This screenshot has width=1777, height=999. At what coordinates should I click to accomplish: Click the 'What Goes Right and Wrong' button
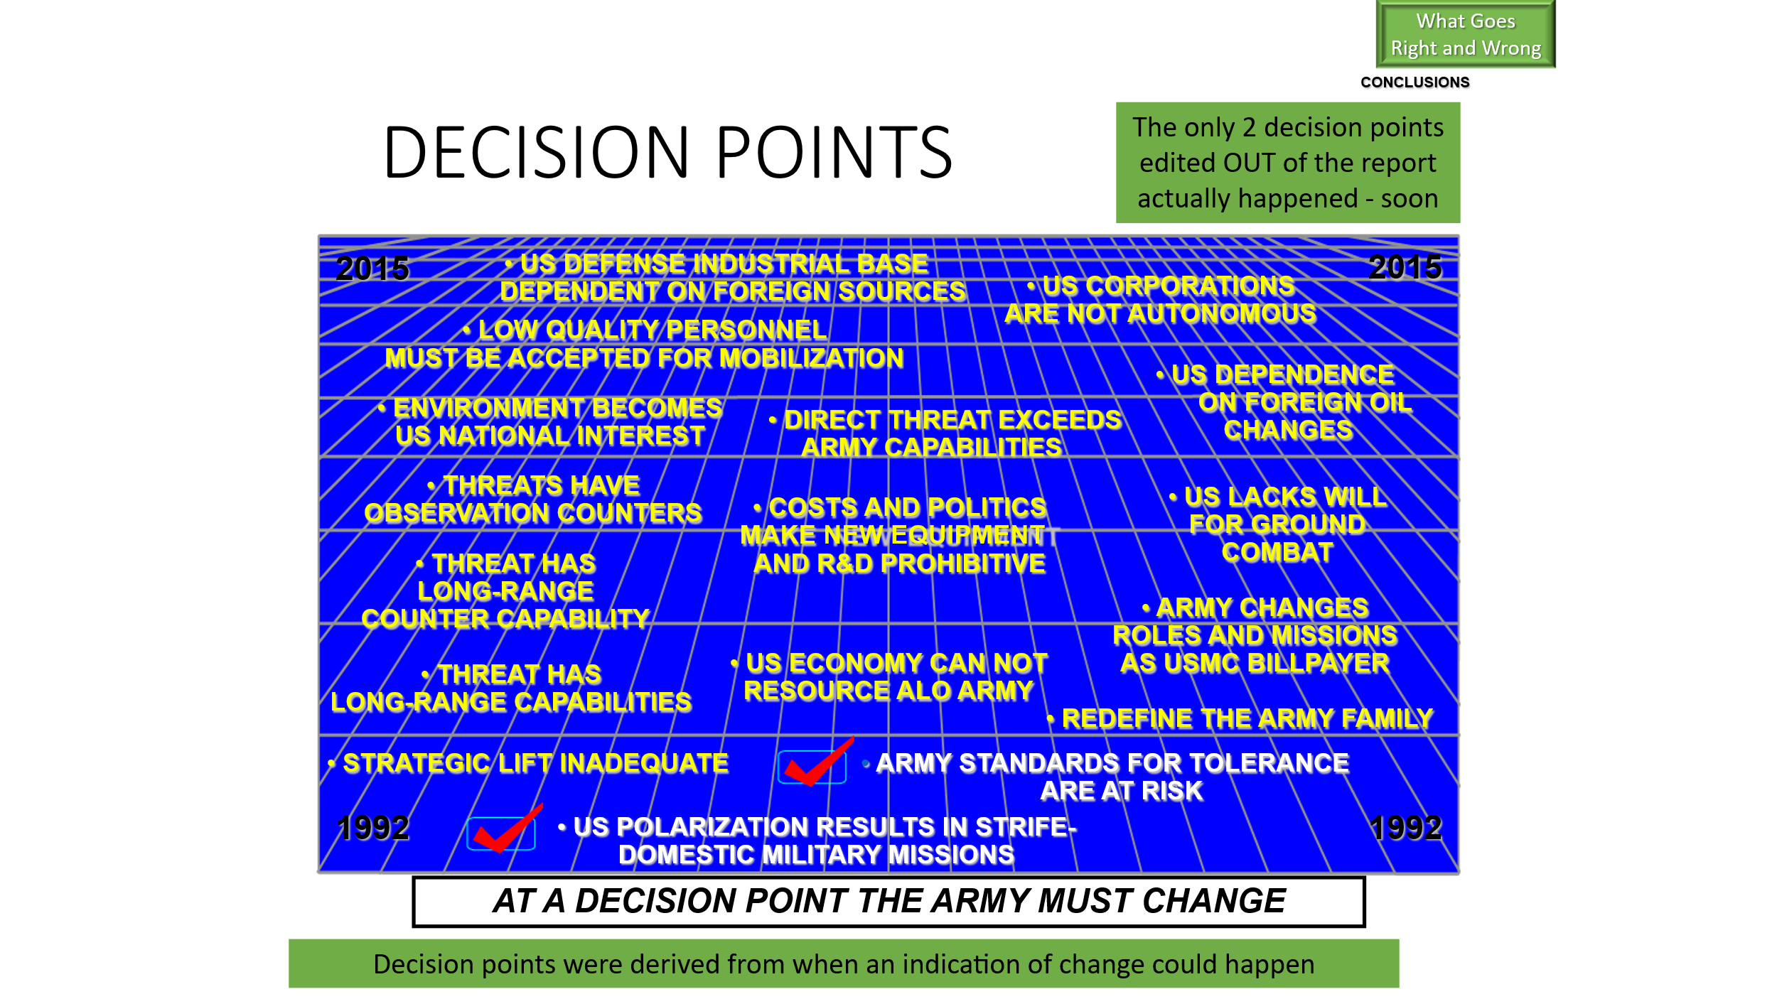pos(1466,34)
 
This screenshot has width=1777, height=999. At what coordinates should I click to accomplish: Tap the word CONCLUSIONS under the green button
pos(1415,82)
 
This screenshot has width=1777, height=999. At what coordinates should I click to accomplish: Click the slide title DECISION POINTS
pos(667,152)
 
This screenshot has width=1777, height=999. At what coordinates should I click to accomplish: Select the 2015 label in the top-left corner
pos(372,269)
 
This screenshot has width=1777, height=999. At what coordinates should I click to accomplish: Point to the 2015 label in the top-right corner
pos(1405,267)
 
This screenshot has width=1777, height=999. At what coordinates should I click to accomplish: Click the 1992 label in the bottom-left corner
pos(373,828)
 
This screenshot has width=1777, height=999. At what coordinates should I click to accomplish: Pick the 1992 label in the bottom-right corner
pos(1406,828)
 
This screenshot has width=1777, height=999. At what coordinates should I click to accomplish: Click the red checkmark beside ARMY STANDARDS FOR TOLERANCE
pos(817,762)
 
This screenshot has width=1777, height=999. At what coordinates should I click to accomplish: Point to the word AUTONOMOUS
pos(1222,313)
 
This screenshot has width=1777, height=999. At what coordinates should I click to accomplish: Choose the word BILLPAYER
pos(1319,663)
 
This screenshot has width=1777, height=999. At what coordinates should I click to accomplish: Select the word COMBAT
pos(1278,552)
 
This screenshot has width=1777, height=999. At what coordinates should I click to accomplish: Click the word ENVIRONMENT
pos(490,408)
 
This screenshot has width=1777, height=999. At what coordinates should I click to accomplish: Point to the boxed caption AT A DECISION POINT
pos(888,902)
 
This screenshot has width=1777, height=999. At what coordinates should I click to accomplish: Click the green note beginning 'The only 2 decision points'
pos(1288,163)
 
